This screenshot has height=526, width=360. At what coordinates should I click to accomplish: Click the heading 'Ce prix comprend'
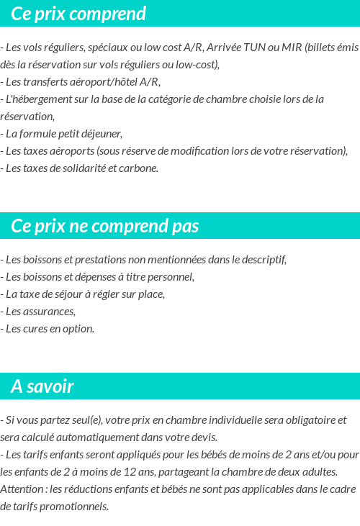pyautogui.click(x=78, y=14)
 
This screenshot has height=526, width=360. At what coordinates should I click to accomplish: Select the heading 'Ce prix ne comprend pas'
pyautogui.click(x=105, y=226)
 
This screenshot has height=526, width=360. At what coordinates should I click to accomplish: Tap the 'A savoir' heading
pyautogui.click(x=42, y=386)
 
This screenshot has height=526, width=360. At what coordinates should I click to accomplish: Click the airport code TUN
pyautogui.click(x=256, y=47)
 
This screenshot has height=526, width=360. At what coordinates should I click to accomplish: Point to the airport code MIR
pyautogui.click(x=291, y=47)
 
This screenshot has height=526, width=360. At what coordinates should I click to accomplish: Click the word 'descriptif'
pyautogui.click(x=262, y=260)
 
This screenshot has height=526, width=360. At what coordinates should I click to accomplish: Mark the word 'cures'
pyautogui.click(x=35, y=328)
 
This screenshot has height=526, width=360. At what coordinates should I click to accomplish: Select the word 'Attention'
pyautogui.click(x=22, y=489)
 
